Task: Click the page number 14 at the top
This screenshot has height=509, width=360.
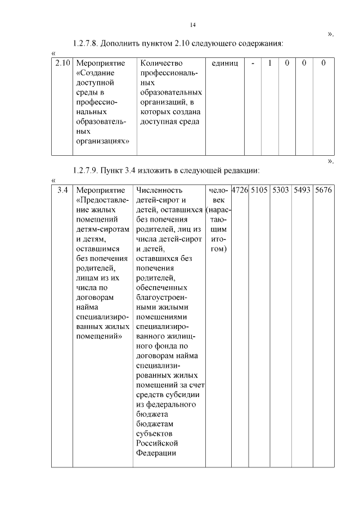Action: pyautogui.click(x=193, y=25)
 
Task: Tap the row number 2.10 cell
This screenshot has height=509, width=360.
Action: pyautogui.click(x=62, y=64)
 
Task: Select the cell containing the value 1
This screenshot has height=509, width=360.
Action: pyautogui.click(x=270, y=64)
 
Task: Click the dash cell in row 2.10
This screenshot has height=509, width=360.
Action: pyautogui.click(x=253, y=64)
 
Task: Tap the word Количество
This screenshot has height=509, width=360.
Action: pyautogui.click(x=162, y=64)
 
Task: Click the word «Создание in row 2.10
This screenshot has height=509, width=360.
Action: pyautogui.click(x=94, y=73)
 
